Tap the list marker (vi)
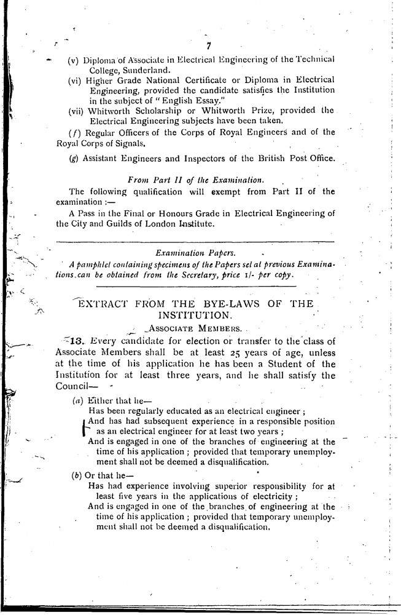click(x=76, y=80)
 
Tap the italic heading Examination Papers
click(x=198, y=252)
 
